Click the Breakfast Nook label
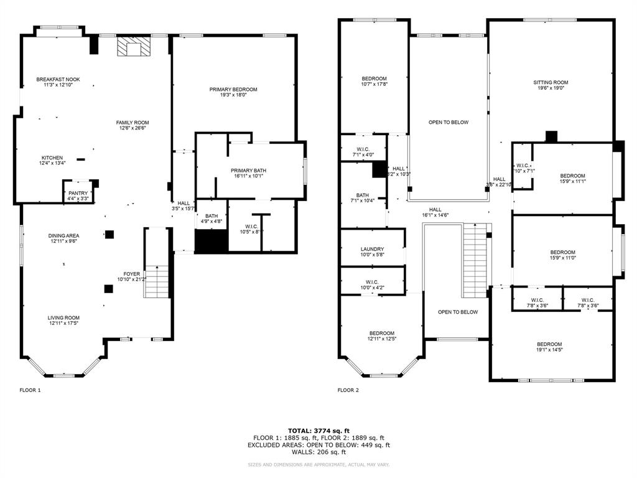tap(58, 80)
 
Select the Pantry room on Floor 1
tap(78, 194)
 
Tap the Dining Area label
tap(63, 235)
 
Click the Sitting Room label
tap(551, 82)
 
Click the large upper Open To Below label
tap(448, 123)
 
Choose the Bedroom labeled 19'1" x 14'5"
tap(549, 347)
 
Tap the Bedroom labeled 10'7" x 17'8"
tap(374, 82)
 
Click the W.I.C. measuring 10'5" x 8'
tap(251, 228)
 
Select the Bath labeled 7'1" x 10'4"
tap(362, 198)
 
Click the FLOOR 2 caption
tap(348, 390)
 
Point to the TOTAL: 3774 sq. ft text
tap(318, 430)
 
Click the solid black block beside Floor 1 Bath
tap(211, 241)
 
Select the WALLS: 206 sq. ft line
tap(318, 452)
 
